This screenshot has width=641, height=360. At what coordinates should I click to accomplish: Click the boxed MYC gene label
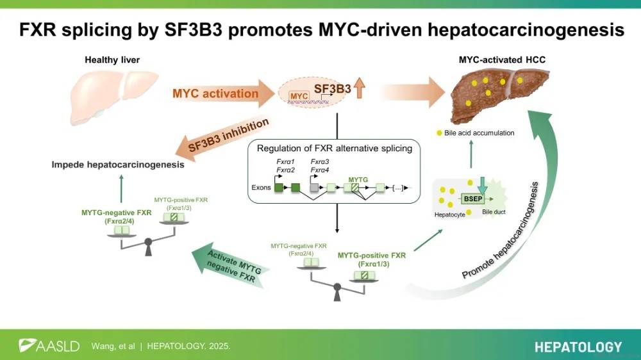point(299,95)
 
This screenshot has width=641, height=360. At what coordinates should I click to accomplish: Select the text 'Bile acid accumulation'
point(479,133)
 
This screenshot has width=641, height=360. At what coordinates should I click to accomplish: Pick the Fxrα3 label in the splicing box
point(319,163)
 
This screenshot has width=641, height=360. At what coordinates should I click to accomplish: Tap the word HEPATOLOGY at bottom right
point(578,347)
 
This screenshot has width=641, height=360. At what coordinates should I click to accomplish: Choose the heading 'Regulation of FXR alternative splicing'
point(334,148)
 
